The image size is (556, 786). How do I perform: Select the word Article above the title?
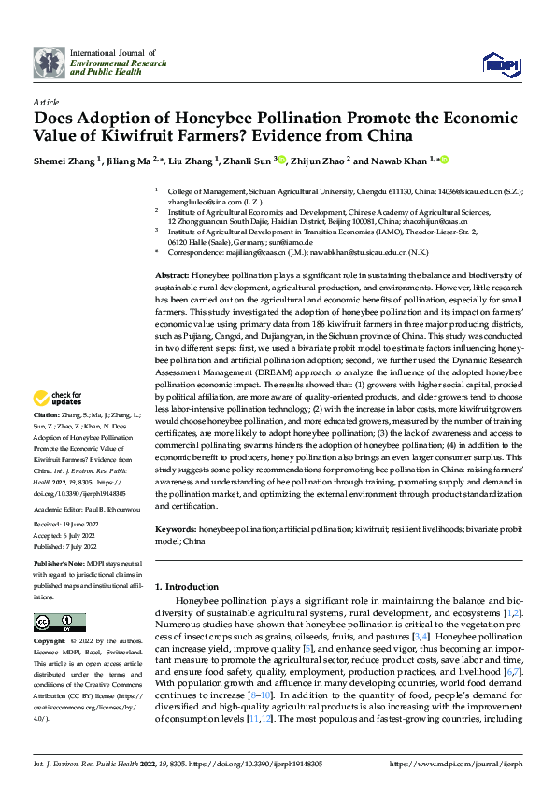[46, 102]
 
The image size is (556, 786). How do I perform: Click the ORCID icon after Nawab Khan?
[445, 160]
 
